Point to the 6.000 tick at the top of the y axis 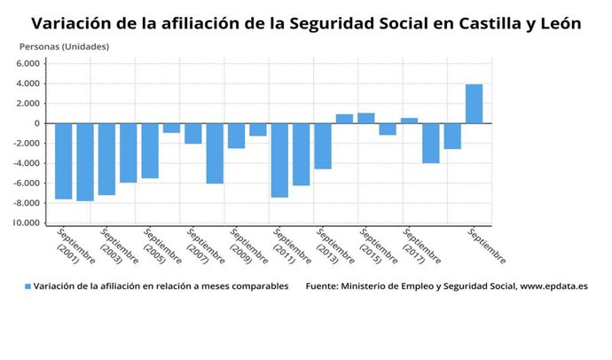[x=28, y=64]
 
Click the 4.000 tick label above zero [x=28, y=83]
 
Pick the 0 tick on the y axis [x=37, y=123]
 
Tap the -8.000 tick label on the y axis [x=27, y=203]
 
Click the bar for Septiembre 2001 [x=63, y=160]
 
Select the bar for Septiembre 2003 [x=106, y=159]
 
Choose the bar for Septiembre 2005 [x=150, y=151]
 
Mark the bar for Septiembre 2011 [x=279, y=160]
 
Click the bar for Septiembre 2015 [x=365, y=118]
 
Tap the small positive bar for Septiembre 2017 [x=409, y=121]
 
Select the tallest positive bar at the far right [x=474, y=104]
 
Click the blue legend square [x=27, y=286]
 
